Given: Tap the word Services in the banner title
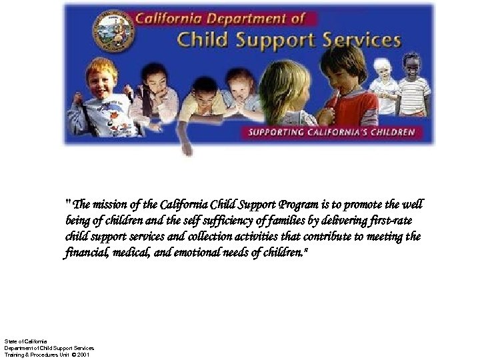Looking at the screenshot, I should (x=361, y=40).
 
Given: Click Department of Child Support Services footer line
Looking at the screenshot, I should (x=49, y=348).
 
